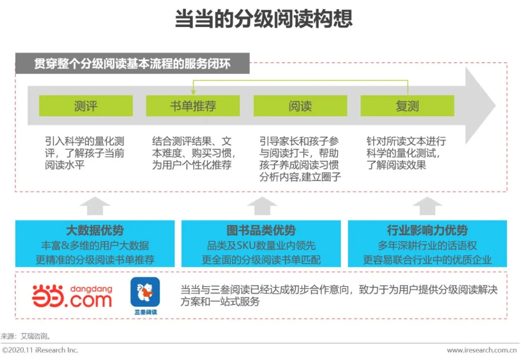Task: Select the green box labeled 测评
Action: (86, 106)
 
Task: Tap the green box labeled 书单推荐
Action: (193, 106)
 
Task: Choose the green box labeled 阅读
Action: (300, 106)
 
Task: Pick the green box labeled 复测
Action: (407, 106)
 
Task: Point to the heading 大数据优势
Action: (95, 230)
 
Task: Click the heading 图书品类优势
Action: (261, 230)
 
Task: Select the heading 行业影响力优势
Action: (427, 230)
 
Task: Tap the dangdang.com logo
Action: (72, 296)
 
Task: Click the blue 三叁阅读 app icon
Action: (145, 292)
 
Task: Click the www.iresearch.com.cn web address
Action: (483, 350)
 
